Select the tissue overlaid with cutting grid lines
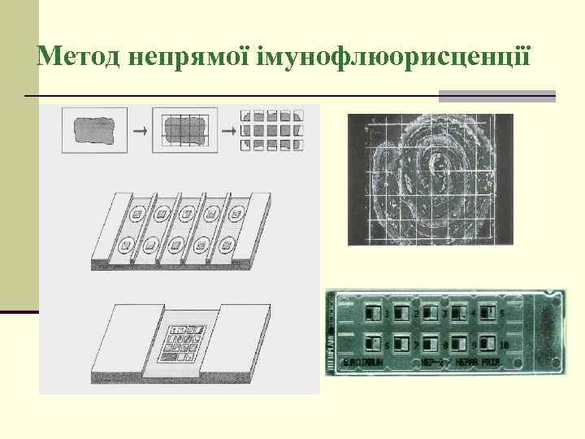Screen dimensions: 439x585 click(186, 129)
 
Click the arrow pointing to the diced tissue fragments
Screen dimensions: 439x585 click(230, 129)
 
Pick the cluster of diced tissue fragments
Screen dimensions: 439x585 click(272, 129)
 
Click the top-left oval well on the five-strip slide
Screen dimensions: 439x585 click(139, 215)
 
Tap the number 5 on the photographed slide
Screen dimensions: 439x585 click(503, 314)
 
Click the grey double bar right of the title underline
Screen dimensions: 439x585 click(497, 96)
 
